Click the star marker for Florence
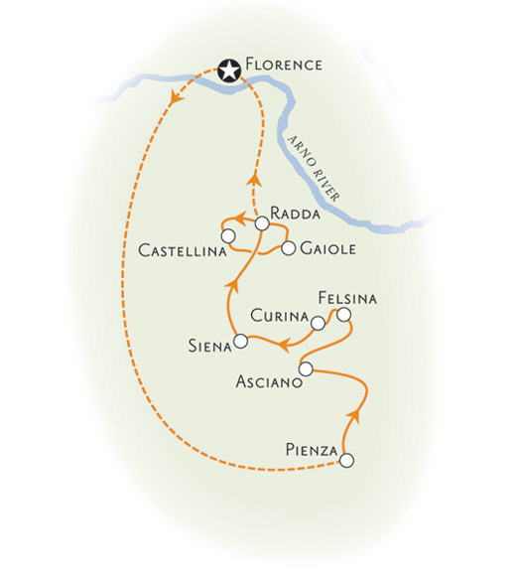[229, 71]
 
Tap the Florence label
[284, 65]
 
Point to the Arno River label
[313, 169]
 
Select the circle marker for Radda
[262, 223]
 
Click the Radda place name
[295, 214]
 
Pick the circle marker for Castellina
[228, 235]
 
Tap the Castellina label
[182, 251]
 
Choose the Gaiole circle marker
[289, 248]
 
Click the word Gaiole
[327, 248]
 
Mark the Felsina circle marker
[344, 315]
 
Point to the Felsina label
[347, 298]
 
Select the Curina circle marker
[318, 324]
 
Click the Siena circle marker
[241, 341]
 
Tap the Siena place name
[210, 346]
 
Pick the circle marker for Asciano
[306, 368]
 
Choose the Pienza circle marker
[347, 460]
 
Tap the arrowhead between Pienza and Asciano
[353, 415]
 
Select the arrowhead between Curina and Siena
[284, 346]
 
